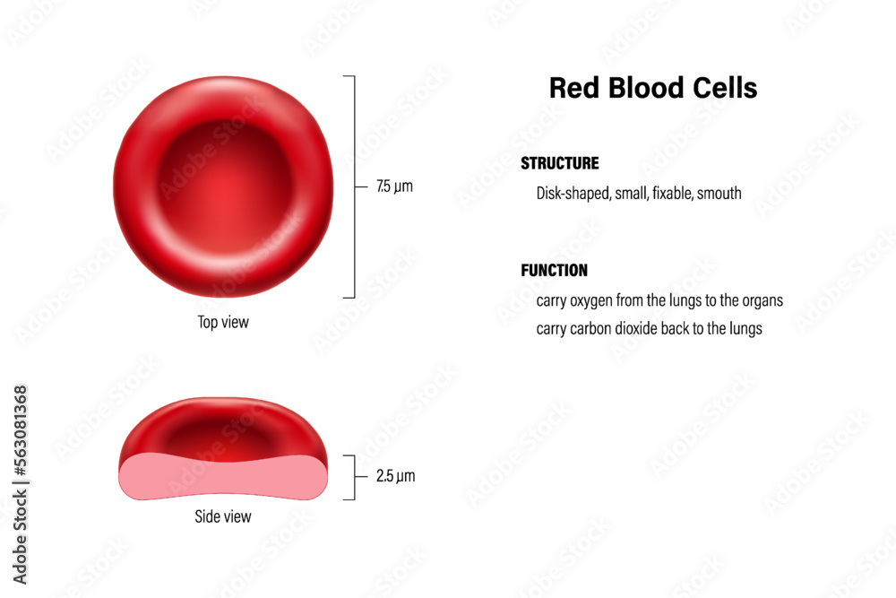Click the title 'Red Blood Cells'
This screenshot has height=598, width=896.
[652, 88]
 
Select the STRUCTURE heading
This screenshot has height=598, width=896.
[559, 164]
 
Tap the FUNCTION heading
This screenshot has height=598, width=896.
[554, 270]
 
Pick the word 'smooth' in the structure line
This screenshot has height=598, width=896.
[719, 193]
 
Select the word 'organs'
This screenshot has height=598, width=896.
[761, 301]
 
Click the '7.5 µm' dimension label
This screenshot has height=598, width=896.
[395, 187]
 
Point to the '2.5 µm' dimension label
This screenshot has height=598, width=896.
[395, 476]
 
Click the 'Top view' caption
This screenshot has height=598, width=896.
[223, 322]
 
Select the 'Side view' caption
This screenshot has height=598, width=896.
[223, 516]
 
